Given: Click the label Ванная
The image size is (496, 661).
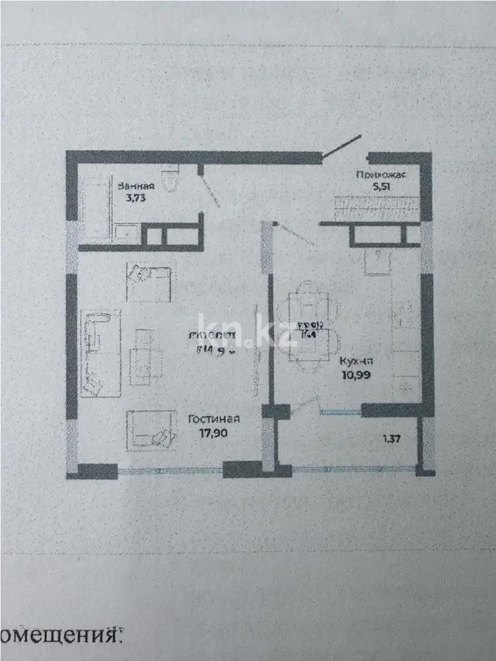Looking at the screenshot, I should pyautogui.click(x=135, y=186).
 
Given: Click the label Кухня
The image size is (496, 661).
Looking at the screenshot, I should pyautogui.click(x=356, y=361).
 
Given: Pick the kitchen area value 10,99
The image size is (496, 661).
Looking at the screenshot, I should pyautogui.click(x=356, y=374).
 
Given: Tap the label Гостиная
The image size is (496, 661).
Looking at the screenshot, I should pyautogui.click(x=213, y=419).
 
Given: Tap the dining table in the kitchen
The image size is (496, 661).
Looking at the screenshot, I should pyautogui.click(x=305, y=335).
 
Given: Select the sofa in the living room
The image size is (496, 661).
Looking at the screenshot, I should pyautogui.click(x=99, y=353).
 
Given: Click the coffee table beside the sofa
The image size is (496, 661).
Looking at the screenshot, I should pyautogui.click(x=145, y=353).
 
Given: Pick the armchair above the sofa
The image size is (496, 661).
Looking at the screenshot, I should pyautogui.click(x=148, y=283).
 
